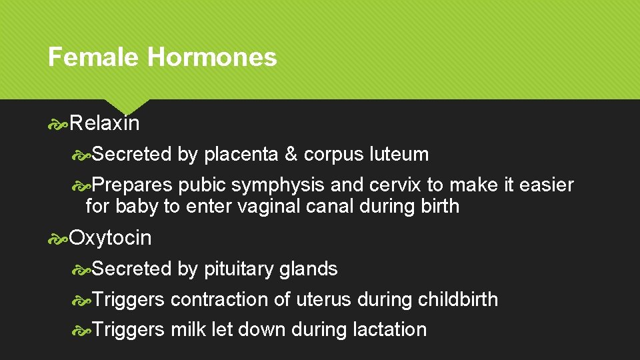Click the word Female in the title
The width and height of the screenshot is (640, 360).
[93, 57]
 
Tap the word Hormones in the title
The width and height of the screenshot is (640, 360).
[212, 57]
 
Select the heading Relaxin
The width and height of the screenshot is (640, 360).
[105, 123]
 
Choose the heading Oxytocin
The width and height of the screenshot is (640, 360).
[111, 238]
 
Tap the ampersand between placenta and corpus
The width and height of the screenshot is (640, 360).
[291, 155]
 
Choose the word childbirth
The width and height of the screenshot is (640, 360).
[458, 300]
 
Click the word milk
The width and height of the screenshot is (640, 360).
[189, 330]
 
